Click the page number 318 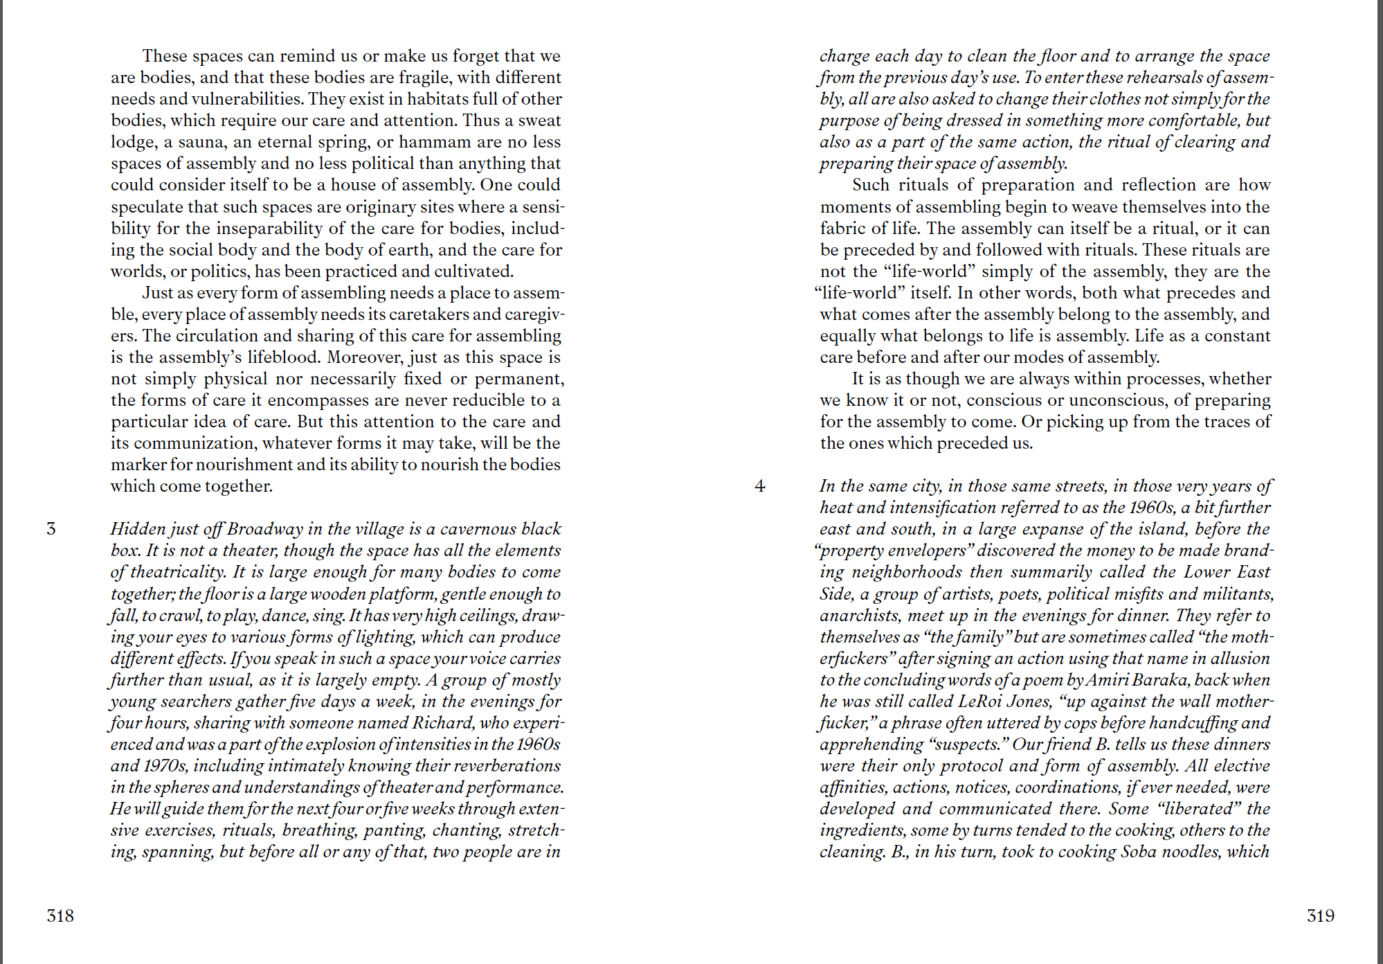click(x=60, y=916)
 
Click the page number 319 click(x=1320, y=916)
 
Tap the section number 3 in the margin click(x=51, y=529)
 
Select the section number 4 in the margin click(x=760, y=486)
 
